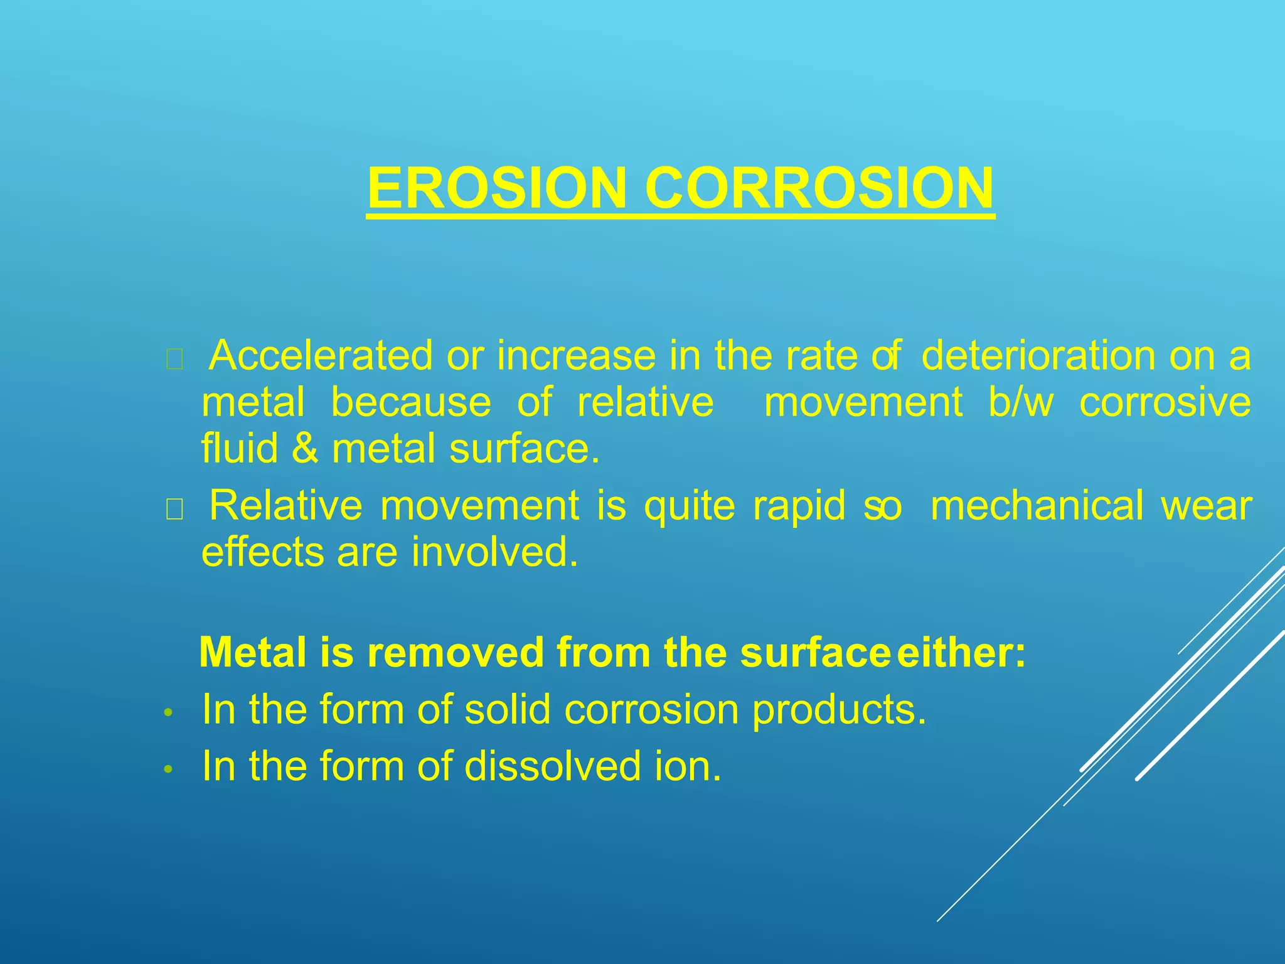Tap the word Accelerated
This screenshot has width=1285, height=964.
(321, 356)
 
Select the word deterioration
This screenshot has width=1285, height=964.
(1038, 356)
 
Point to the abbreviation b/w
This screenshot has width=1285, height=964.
(1021, 402)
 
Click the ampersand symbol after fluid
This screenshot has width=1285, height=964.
(305, 449)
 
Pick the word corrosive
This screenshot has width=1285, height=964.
(1165, 402)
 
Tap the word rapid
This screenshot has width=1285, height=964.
(799, 506)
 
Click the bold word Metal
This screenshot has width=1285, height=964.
(253, 653)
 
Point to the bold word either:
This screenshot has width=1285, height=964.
(961, 653)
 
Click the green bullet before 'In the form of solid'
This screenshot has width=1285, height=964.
(167, 713)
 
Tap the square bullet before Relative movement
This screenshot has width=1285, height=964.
(174, 511)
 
